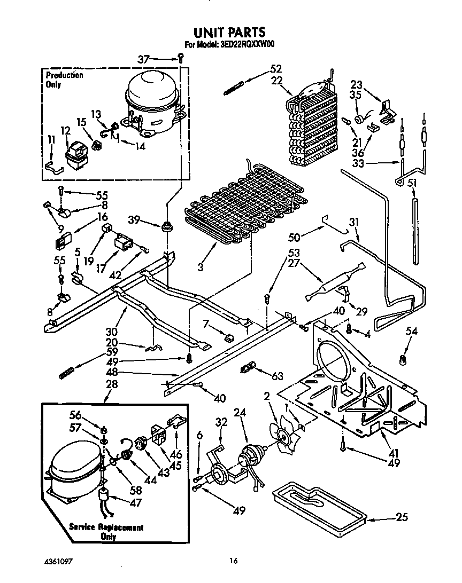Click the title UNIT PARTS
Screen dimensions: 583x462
click(x=230, y=33)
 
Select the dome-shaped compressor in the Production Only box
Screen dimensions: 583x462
click(x=153, y=101)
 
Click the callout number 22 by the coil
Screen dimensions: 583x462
click(x=277, y=80)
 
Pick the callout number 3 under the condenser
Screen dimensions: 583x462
click(x=201, y=266)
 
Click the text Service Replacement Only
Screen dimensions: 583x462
click(x=106, y=532)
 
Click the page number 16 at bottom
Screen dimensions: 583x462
click(x=233, y=561)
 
